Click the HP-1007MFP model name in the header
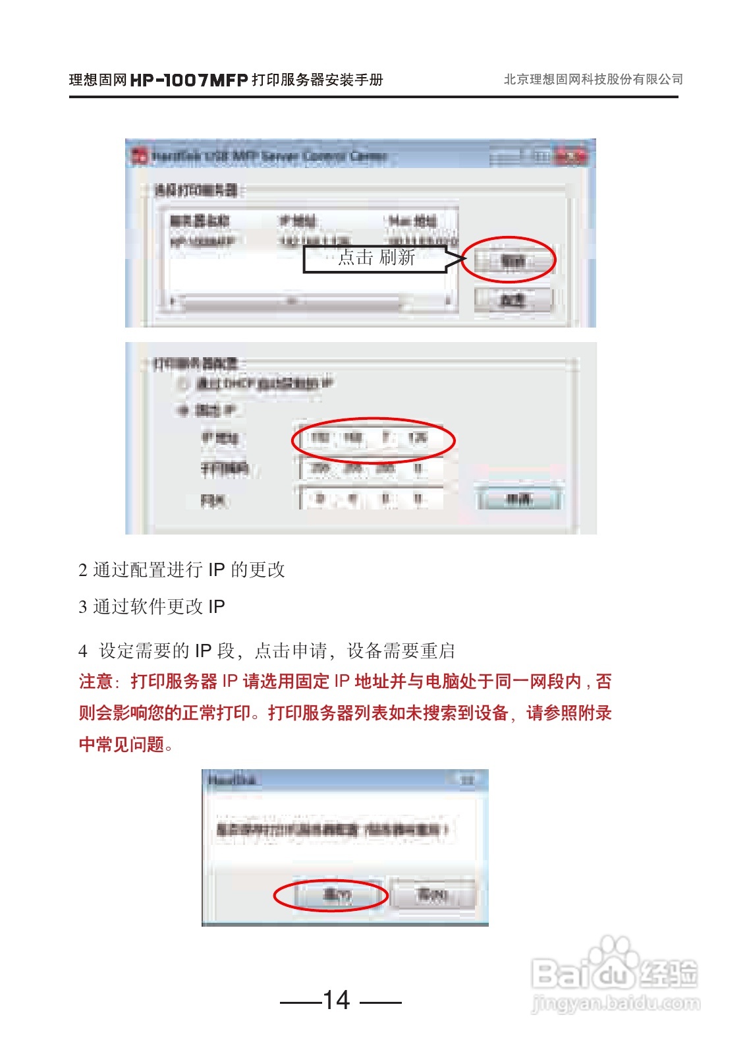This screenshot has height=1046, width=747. click(189, 80)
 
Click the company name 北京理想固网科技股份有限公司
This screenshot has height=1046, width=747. click(593, 80)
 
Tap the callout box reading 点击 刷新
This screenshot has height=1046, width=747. click(375, 258)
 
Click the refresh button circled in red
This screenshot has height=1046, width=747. click(512, 261)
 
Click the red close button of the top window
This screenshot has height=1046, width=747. click(571, 156)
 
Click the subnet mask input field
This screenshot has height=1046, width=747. click(371, 469)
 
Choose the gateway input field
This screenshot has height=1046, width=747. click(371, 499)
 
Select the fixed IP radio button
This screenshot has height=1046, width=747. click(182, 410)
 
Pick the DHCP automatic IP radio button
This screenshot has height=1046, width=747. click(182, 383)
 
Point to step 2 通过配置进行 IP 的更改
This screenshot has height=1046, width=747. click(182, 569)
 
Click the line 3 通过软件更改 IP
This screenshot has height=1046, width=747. click(152, 606)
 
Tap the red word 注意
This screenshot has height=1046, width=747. click(96, 682)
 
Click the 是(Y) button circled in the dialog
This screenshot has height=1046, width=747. click(337, 895)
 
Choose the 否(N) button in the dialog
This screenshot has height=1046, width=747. click(433, 895)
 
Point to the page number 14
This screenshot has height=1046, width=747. click(337, 1000)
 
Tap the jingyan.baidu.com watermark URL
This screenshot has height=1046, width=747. click(615, 1004)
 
